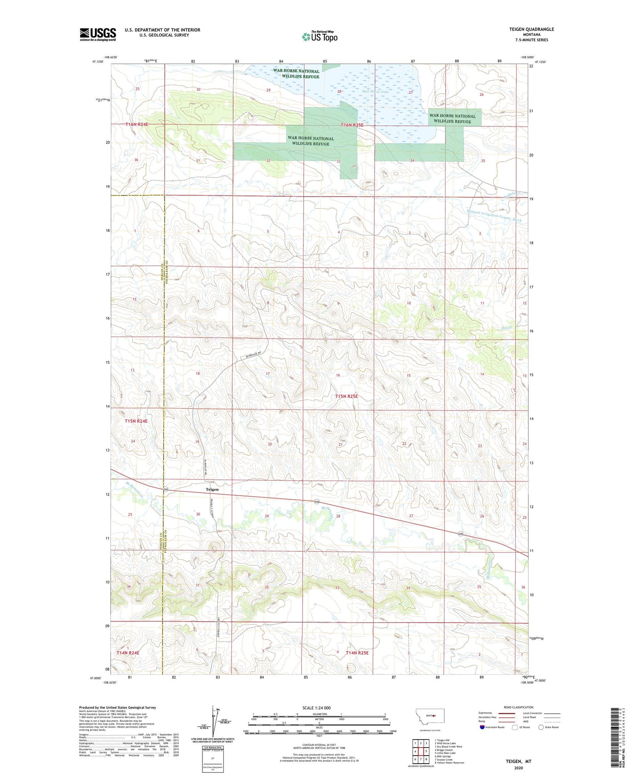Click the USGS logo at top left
point(97,34)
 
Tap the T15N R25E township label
point(346,396)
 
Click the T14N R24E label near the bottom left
point(128,653)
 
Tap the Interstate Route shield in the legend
point(483,727)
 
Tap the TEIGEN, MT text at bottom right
point(518,761)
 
